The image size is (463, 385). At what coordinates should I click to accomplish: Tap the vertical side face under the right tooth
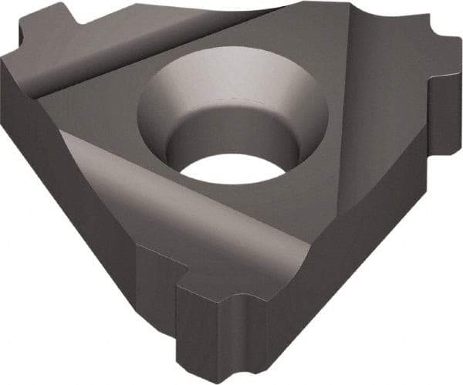pyautogui.click(x=444, y=123)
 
